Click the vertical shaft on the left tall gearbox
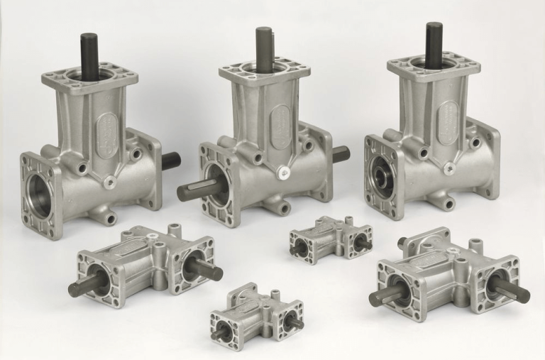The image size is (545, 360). pos(89,56)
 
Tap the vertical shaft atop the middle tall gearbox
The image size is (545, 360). pos(264,50)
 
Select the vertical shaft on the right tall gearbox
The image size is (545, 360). pos(434,45)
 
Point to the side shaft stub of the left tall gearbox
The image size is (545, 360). pos(170,161)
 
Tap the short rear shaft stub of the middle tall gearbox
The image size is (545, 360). pos(340,153)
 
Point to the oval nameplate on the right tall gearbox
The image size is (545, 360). pos(448,122)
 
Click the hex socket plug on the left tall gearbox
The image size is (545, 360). pos(108,182)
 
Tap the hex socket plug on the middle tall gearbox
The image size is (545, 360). pos(283,173)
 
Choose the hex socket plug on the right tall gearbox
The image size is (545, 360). pos(448,168)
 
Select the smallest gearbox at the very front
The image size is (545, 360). pos(256,317)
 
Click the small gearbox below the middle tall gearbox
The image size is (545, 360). pos(331,239)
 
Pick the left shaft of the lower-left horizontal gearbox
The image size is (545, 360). pos(83,285)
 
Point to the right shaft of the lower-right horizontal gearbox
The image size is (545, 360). pos(512,290)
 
